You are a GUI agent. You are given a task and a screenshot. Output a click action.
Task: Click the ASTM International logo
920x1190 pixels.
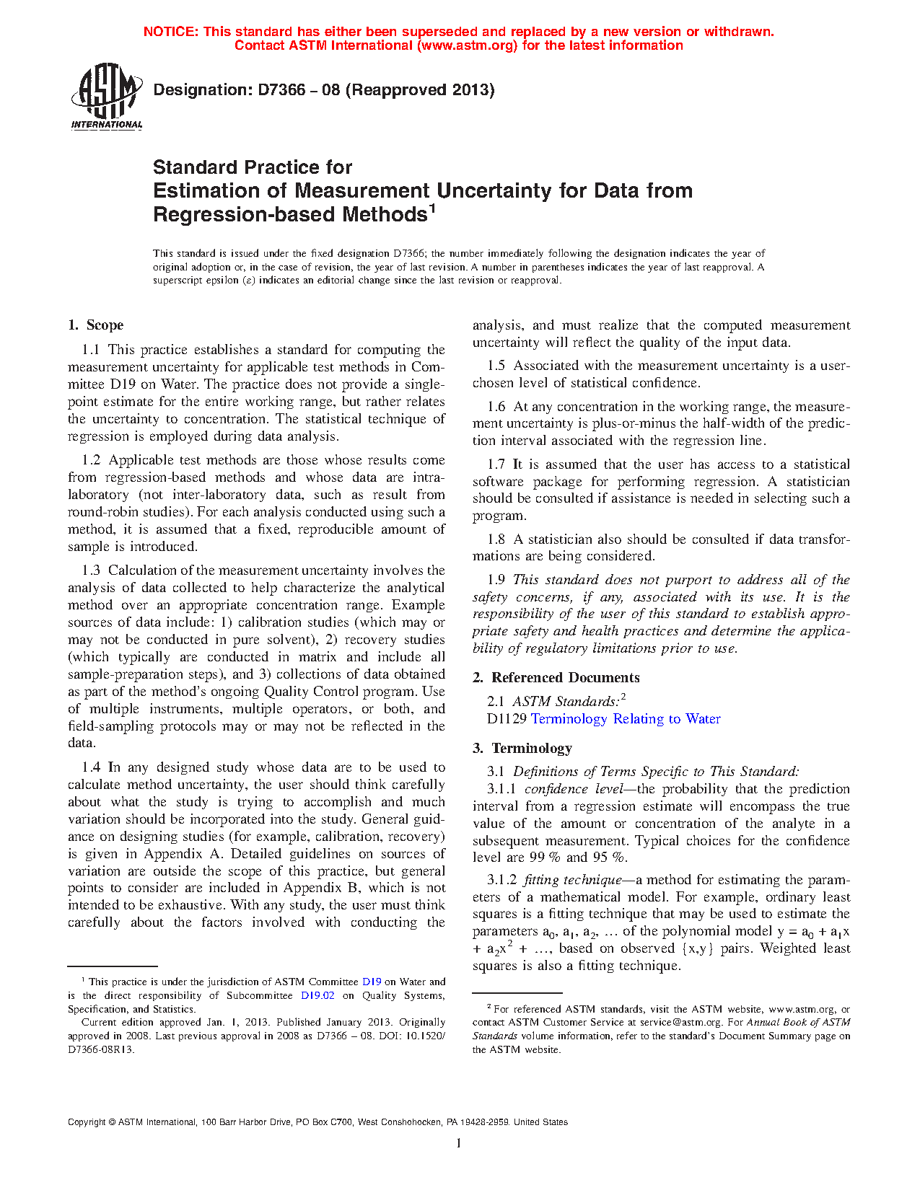107,96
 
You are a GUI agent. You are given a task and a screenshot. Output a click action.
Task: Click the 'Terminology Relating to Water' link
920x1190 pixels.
626,719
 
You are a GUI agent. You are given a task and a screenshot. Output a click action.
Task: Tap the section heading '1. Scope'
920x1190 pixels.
96,325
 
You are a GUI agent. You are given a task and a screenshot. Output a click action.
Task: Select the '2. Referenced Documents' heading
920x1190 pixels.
556,678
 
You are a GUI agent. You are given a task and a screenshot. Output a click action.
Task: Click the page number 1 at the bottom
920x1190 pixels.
459,1143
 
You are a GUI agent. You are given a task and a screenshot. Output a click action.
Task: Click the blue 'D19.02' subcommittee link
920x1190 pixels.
317,996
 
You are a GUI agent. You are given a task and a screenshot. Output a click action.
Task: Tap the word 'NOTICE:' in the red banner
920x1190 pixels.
171,32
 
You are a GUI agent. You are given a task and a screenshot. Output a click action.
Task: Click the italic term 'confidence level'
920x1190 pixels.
574,789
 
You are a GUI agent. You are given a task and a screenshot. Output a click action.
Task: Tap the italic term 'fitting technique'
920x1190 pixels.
572,880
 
